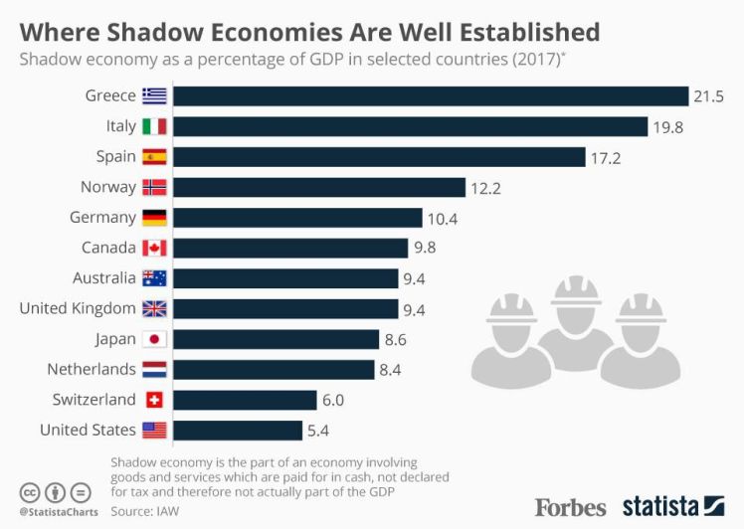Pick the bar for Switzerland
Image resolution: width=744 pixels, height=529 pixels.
248,400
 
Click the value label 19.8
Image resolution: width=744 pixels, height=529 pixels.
668,127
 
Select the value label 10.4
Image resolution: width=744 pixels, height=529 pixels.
442,218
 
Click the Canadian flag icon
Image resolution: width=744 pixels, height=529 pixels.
154,248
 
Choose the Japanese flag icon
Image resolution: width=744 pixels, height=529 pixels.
154,339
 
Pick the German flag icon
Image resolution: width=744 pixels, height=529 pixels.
154,218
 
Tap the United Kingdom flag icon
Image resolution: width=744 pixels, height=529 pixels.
154,308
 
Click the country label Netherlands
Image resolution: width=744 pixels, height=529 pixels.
92,369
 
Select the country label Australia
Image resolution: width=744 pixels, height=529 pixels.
103,278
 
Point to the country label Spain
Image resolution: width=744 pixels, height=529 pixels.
115,157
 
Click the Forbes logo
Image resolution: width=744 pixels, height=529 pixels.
570,506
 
